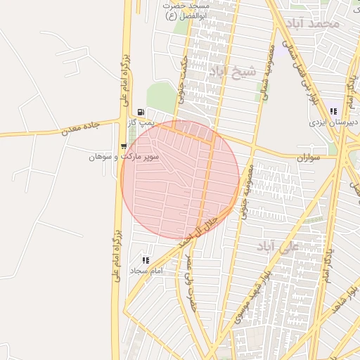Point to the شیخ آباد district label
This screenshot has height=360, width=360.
pyautogui.click(x=230, y=70)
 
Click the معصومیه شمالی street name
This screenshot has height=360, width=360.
pyautogui.click(x=269, y=74)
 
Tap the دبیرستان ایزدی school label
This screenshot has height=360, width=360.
pyautogui.click(x=334, y=122)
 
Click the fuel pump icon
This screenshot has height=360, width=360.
pyautogui.click(x=142, y=112)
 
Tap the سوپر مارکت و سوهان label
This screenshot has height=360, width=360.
pyautogui.click(x=124, y=156)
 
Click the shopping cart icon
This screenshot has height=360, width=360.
pyautogui.click(x=124, y=146)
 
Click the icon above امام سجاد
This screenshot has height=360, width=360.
pyautogui.click(x=146, y=260)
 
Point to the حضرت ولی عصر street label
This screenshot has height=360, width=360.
pyautogui.click(x=188, y=279)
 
